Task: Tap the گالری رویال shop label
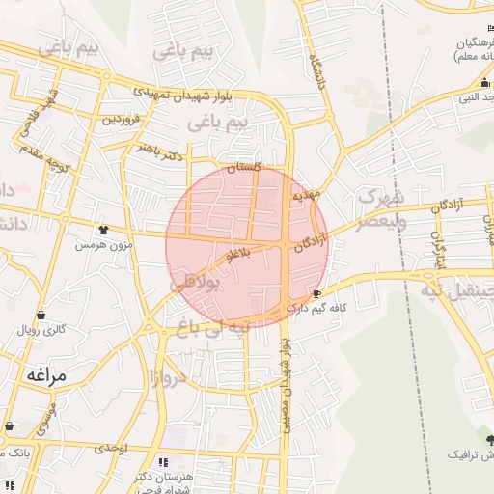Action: pos(41,330)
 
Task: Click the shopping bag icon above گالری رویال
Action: pos(41,316)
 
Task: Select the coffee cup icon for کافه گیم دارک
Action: pos(318,292)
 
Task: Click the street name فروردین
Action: pos(123,119)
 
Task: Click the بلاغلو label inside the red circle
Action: pos(237,255)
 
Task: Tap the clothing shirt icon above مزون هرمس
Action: pos(103,230)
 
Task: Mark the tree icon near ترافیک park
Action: pos(489,438)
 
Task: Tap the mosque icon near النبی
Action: pos(484,83)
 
